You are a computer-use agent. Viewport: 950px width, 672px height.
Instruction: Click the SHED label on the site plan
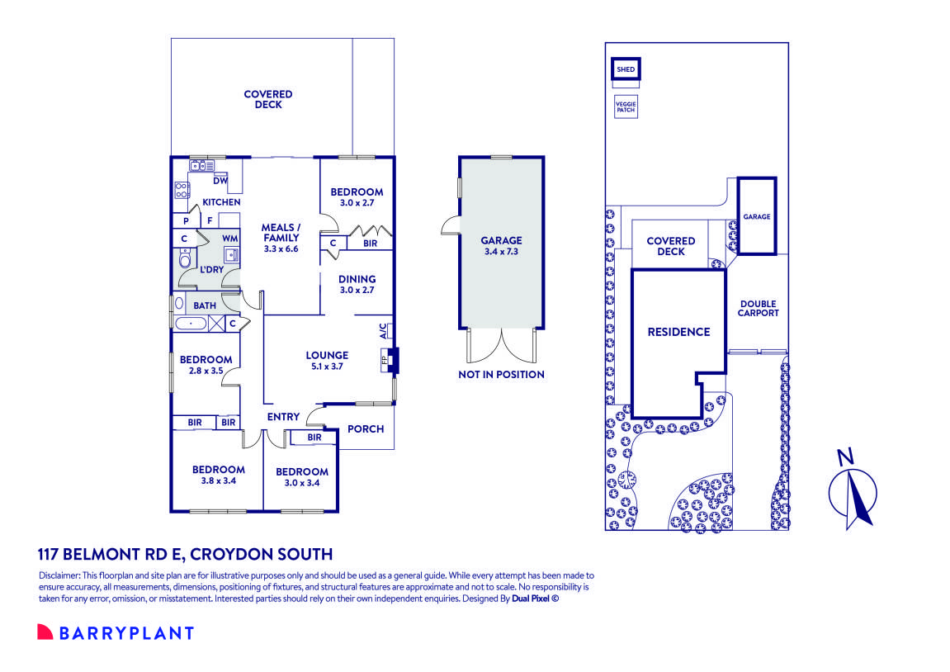pos(626,69)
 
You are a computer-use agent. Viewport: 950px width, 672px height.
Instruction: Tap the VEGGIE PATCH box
pos(626,106)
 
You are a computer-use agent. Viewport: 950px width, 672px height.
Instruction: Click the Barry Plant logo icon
pos(45,633)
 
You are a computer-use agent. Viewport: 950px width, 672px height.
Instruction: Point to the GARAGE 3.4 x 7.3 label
pos(501,246)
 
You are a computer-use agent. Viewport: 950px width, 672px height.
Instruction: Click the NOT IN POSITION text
pos(501,375)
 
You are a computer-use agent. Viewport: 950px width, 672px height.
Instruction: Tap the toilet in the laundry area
pos(185,262)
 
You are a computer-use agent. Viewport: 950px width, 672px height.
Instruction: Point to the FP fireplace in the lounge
pos(385,359)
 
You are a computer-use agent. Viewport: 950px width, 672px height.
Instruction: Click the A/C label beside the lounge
pos(383,332)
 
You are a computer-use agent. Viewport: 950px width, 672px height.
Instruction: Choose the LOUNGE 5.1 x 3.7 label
pos(328,361)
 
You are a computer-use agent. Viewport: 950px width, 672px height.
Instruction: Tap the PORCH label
pos(366,429)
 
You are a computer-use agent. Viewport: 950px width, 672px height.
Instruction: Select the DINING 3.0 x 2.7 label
pos(357,285)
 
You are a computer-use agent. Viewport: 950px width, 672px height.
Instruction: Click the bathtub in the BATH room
pos(191,323)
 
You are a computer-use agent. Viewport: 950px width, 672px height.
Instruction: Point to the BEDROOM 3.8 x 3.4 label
pos(218,476)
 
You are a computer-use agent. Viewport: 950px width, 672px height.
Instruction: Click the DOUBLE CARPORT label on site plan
pos(758,308)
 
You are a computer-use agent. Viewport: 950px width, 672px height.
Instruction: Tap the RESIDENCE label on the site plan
pos(678,332)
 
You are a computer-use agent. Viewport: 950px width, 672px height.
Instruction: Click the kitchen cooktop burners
pos(182,191)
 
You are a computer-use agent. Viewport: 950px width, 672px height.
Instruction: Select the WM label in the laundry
pos(229,238)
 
